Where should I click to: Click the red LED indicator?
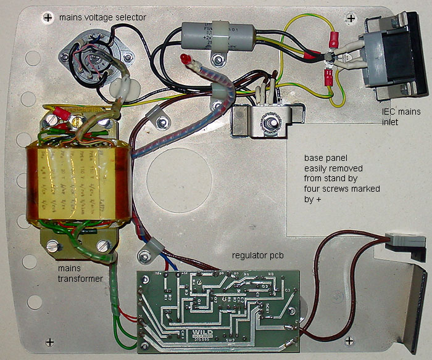pyautogui.click(x=185, y=59)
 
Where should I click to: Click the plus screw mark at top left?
pyautogui.click(x=48, y=18)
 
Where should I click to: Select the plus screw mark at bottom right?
pyautogui.click(x=350, y=341)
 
